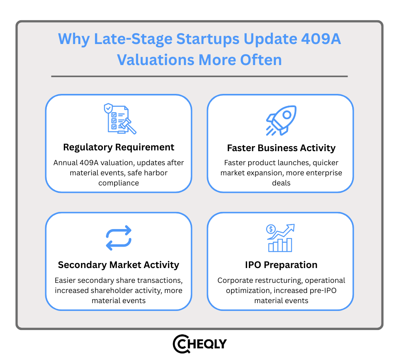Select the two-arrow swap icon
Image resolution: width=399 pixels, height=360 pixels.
point(119,238)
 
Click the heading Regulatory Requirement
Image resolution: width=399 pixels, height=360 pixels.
point(119,147)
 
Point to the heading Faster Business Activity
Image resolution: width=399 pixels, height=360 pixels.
point(281,148)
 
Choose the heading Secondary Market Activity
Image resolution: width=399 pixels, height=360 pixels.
point(118,265)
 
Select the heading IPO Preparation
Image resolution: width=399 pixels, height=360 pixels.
point(281,265)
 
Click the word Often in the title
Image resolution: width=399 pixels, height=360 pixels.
point(261,60)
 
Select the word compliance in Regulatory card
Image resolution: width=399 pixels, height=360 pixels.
point(118,183)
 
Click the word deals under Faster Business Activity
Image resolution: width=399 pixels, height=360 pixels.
point(281,183)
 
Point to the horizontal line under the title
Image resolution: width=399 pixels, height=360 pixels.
point(199,76)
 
